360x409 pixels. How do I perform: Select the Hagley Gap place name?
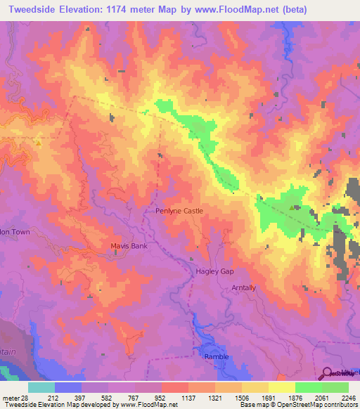[215, 271]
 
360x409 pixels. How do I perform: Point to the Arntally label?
[245, 288]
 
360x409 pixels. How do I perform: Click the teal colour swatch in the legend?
[41, 387]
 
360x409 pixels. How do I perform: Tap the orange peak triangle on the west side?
[39, 143]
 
